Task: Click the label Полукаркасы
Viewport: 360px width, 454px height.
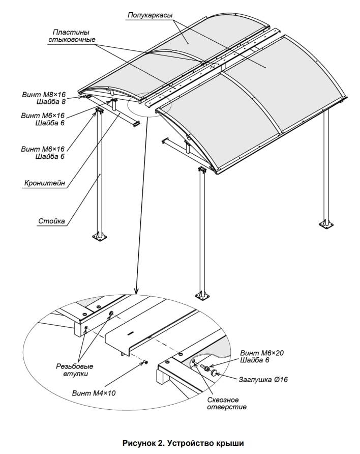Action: [149, 16]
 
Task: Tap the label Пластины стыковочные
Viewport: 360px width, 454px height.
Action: [72, 36]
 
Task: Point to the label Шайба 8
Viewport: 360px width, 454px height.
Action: [50, 102]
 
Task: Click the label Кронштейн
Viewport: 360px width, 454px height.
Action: [45, 183]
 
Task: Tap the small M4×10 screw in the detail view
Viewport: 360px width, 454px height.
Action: [145, 362]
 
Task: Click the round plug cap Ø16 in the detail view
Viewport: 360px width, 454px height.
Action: [215, 373]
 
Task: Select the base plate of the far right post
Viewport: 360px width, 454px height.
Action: [324, 222]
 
